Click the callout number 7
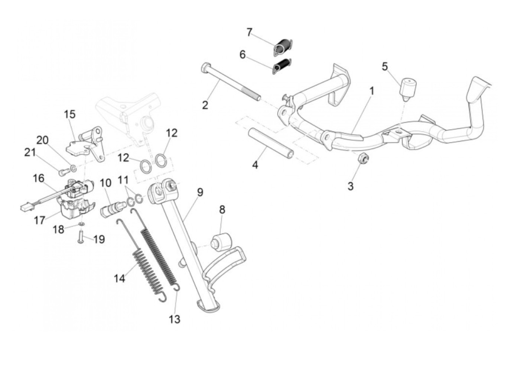pos(250,32)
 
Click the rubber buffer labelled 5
pos(407,88)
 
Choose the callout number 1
pos(372,91)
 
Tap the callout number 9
pos(200,192)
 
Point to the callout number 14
pos(120,278)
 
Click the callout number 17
pos(40,220)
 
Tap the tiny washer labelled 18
pos(81,224)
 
